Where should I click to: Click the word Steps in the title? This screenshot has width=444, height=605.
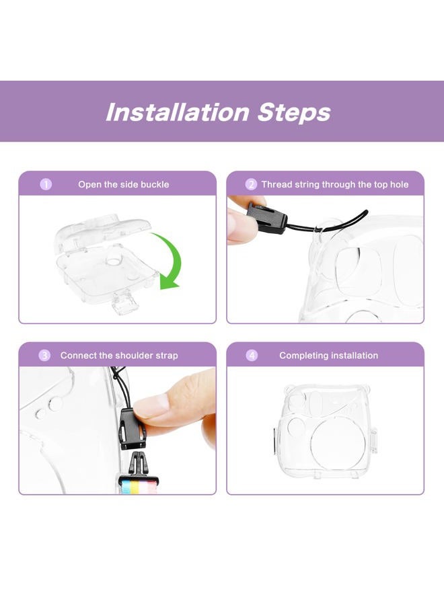pos(294,112)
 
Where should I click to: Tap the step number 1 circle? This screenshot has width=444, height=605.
pos(46,184)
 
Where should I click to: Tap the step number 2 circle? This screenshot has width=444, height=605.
pos(251,184)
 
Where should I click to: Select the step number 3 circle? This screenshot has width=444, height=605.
pos(44,356)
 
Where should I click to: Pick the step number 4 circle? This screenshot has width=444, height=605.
pos(252,356)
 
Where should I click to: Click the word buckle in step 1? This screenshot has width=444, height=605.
pos(155,184)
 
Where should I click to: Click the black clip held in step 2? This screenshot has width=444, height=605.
pos(266,218)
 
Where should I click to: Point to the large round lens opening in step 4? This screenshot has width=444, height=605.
pos(338,444)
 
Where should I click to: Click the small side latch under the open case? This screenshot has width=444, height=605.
pos(125,303)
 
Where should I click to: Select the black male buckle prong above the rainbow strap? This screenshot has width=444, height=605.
pos(137,463)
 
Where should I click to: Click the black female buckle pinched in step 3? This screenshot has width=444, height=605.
pos(133,429)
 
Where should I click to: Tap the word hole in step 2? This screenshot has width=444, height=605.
pos(399,184)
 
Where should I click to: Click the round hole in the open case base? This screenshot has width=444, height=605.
pos(114,261)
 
